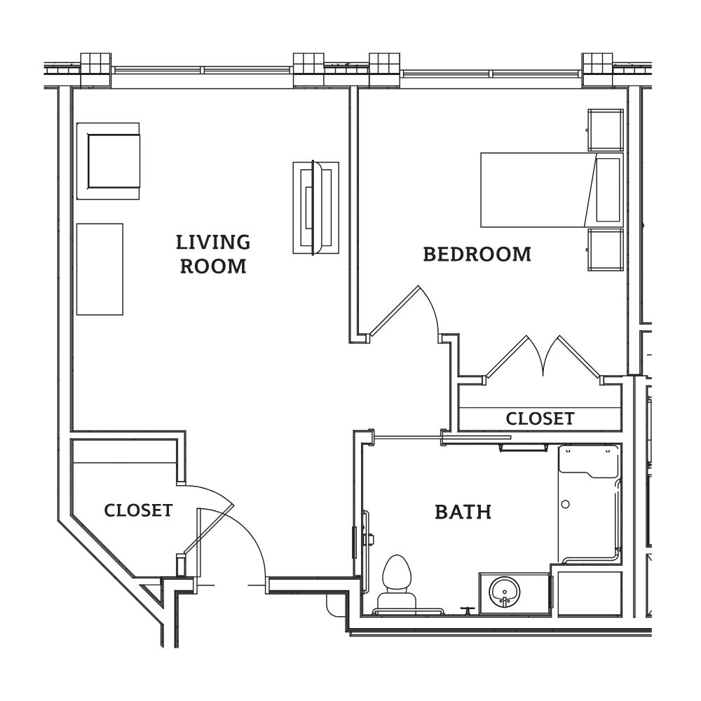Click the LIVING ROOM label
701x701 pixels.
(x=213, y=254)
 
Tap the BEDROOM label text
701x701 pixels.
(x=477, y=254)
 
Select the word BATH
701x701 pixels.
(x=463, y=512)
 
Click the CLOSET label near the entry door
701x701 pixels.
(x=138, y=510)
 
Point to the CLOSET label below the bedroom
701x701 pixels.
(x=540, y=419)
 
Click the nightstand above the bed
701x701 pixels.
(x=605, y=130)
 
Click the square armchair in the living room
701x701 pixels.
(x=111, y=160)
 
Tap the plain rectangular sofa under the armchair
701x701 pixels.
(x=100, y=269)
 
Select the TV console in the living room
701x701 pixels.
(x=315, y=207)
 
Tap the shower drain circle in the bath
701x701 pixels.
(x=566, y=503)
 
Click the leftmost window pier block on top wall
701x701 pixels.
(x=95, y=69)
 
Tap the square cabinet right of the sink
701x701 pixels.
(x=589, y=594)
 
